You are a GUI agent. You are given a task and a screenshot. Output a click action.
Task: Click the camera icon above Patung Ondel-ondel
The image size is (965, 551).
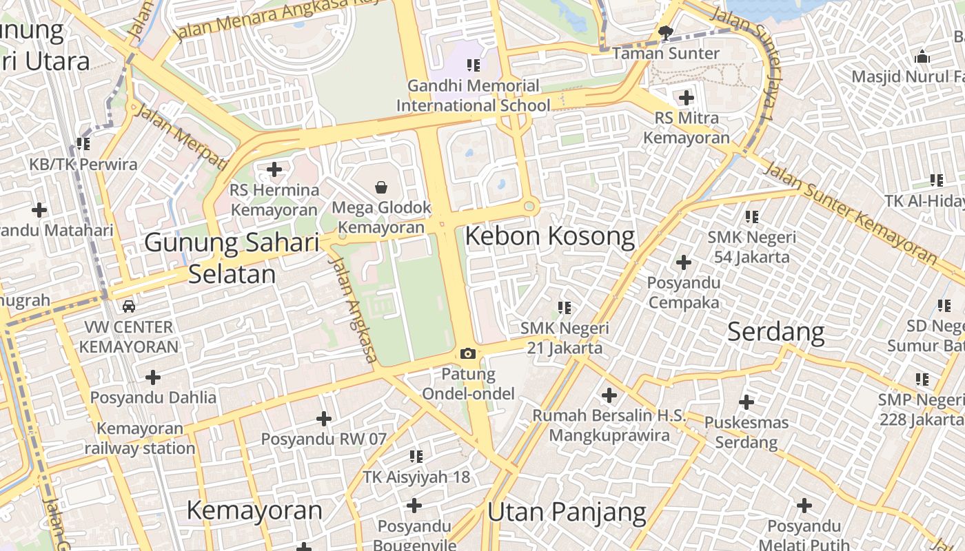click(x=468, y=354)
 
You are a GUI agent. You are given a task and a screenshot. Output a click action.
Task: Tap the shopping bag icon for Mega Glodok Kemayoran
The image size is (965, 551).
click(x=380, y=187)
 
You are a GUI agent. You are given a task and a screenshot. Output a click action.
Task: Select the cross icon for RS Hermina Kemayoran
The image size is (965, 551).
click(x=274, y=169)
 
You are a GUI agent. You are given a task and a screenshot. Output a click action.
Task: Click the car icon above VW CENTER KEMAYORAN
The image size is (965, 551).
click(x=129, y=306)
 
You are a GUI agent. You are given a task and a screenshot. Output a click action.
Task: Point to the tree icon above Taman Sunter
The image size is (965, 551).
click(x=666, y=32)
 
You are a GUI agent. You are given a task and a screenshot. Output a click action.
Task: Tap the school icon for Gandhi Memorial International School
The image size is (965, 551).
click(x=473, y=65)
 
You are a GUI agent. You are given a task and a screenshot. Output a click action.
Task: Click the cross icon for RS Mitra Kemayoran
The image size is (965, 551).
click(x=686, y=98)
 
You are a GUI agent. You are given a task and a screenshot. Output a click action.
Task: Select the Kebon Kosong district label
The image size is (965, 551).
click(x=549, y=236)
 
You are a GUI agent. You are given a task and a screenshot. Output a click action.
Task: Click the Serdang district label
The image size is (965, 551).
click(x=775, y=332)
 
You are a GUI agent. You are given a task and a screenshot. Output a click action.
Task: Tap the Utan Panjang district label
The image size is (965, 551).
click(x=567, y=512)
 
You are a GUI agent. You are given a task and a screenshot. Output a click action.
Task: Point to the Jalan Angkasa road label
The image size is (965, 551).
click(x=354, y=311)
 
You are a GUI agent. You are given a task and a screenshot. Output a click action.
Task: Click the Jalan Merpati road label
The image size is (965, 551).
click(x=181, y=137)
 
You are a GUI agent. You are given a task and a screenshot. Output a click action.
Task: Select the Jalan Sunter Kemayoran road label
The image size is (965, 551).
click(x=851, y=213)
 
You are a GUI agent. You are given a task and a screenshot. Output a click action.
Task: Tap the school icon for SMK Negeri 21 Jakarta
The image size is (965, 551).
click(x=565, y=308)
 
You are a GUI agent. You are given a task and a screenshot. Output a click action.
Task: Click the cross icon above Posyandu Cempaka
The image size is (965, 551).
click(x=684, y=262)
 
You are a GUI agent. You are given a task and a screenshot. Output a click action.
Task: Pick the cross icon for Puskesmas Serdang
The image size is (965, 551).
click(x=746, y=402)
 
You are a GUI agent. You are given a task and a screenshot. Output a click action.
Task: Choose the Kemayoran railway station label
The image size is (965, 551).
click(x=140, y=438)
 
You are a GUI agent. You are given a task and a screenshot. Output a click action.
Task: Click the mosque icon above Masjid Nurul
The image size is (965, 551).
click(x=922, y=56)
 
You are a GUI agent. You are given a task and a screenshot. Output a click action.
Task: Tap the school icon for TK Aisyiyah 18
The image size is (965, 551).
click(x=416, y=457)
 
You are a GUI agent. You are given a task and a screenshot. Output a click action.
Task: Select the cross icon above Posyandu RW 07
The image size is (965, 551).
click(x=323, y=419)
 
